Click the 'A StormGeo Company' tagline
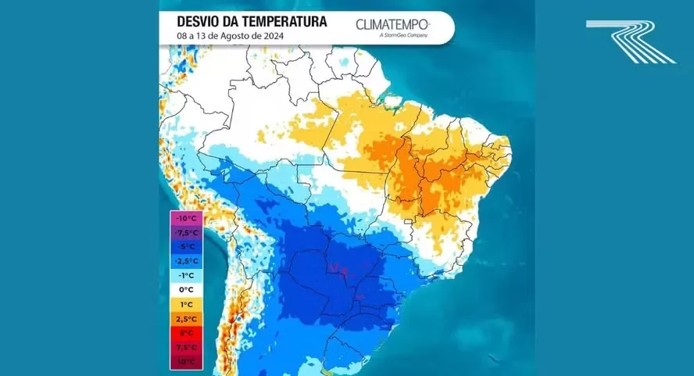tap(405, 35)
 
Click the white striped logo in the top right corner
tap(631, 41)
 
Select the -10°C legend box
tap(186, 218)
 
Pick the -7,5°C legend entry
tap(186, 232)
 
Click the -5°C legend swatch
tap(186, 246)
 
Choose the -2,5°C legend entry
tap(186, 260)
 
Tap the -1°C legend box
tap(186, 275)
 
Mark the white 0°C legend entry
tap(186, 289)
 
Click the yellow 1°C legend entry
tap(186, 303)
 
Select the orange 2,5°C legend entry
tap(186, 318)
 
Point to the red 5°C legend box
tap(186, 332)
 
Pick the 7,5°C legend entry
tap(186, 346)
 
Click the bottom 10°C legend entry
tap(186, 360)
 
